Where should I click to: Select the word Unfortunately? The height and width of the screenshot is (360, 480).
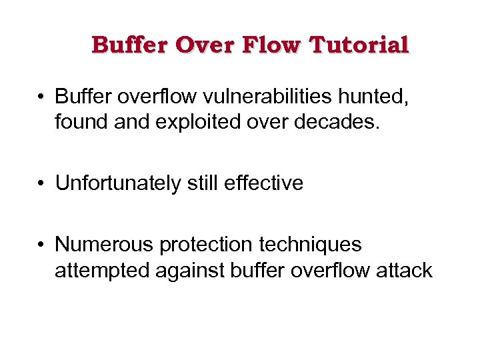(118, 183)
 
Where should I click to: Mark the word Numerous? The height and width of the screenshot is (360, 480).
(104, 245)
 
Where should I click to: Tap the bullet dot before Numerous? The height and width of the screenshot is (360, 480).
(41, 245)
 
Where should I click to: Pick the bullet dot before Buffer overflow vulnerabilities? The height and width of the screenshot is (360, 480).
(41, 97)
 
